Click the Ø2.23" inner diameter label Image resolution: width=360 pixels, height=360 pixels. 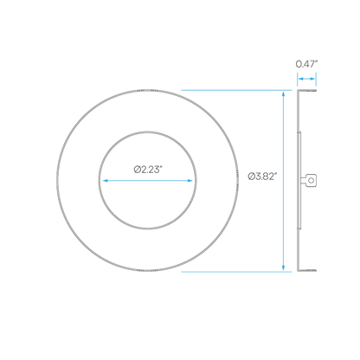coord(146,170)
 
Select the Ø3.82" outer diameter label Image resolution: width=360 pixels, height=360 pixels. coord(262,176)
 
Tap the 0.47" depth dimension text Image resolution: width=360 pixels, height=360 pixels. coord(306,64)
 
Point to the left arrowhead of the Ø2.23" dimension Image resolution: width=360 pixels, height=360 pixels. coord(106,181)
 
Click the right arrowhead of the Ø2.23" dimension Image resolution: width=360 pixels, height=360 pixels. coord(190,181)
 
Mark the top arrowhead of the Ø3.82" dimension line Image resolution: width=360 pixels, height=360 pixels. coord(283,93)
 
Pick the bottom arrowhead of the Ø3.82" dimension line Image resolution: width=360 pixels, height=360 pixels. coord(283,267)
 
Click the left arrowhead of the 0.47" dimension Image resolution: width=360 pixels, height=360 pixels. coord(300,79)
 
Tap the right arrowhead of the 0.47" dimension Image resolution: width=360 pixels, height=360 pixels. coord(312,79)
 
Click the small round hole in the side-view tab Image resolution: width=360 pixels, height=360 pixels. coord(311,181)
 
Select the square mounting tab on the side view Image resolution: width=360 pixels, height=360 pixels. coord(311,181)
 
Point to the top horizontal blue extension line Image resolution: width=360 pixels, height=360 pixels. coord(236,90)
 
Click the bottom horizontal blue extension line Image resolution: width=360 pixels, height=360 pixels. coord(236,272)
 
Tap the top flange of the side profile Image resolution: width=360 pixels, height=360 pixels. coord(307,91)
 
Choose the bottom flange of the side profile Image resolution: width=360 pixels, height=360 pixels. coord(307,271)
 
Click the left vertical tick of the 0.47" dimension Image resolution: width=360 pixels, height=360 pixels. coord(298,80)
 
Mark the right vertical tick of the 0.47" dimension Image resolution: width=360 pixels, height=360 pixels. coord(316,80)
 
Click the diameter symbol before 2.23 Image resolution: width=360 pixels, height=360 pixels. coord(137,170)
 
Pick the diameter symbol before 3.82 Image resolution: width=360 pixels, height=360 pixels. coord(251,176)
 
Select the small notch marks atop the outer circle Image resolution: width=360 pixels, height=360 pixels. coord(147,91)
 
